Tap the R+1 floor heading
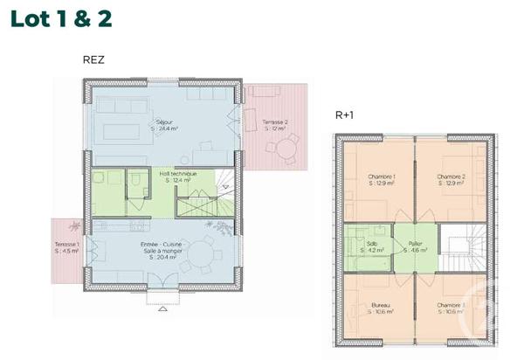pyautogui.click(x=343, y=115)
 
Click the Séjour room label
pyautogui.click(x=162, y=124)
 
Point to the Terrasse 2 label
pyautogui.click(x=275, y=124)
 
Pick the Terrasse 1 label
pyautogui.click(x=67, y=247)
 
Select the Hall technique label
pyautogui.click(x=177, y=177)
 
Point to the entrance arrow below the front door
pyautogui.click(x=162, y=308)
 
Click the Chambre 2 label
pyautogui.click(x=450, y=180)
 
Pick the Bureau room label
pyautogui.click(x=381, y=308)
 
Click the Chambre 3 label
pyautogui.click(x=450, y=308)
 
